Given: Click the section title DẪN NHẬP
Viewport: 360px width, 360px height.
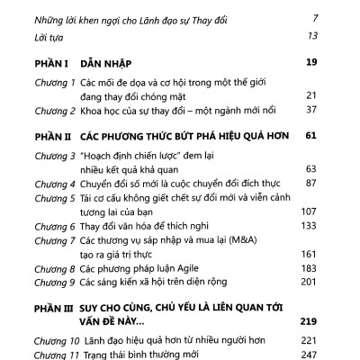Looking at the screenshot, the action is tap(99, 63).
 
